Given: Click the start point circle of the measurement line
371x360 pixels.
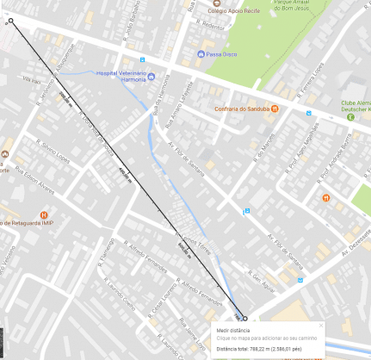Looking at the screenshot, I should coord(11,21).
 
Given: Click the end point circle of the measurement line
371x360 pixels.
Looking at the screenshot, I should coord(244,317).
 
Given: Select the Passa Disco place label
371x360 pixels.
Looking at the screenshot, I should coord(220,53).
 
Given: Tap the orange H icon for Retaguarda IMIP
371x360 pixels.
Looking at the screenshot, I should coord(44,214).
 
